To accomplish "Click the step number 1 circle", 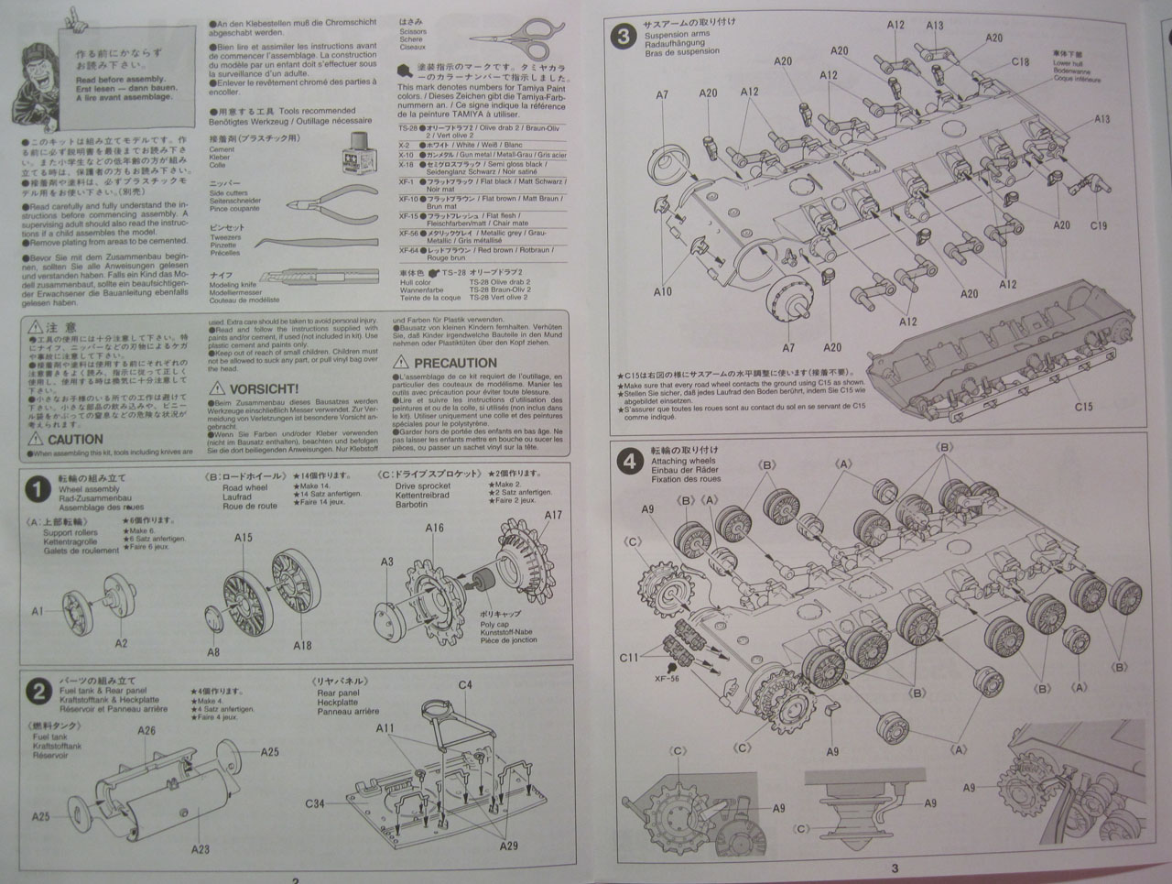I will (x=37, y=490).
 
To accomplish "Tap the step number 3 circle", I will (x=624, y=36).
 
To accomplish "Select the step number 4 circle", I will (x=629, y=462).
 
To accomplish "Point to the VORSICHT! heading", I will (x=264, y=389).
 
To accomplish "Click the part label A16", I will (x=434, y=528).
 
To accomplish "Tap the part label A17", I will (x=553, y=515).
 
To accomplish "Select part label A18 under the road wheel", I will (x=302, y=645).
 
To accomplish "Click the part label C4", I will (x=465, y=685).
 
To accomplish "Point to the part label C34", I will (x=315, y=803).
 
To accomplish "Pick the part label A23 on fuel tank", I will (x=200, y=849).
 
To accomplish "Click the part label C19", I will (x=1099, y=225).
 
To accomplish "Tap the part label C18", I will (x=1021, y=61).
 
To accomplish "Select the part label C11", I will (x=628, y=658).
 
